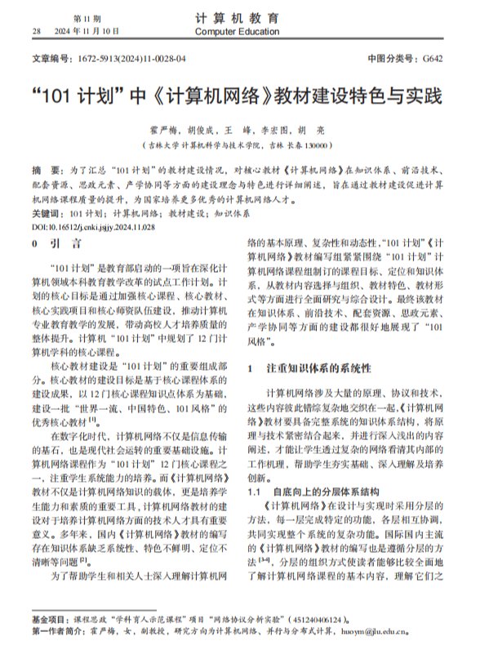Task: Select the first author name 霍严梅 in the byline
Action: pyautogui.click(x=162, y=130)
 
